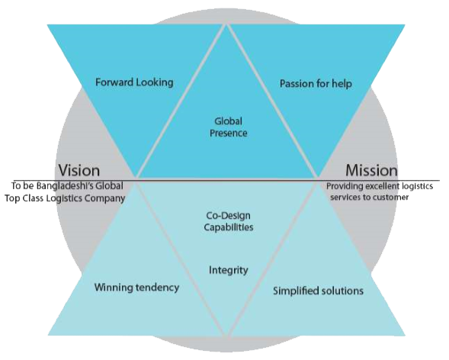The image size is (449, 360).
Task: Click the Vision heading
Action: click(79, 170)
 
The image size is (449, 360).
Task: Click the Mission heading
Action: click(372, 170)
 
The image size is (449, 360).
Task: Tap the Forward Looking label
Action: click(134, 82)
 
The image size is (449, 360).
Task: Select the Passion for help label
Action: click(316, 84)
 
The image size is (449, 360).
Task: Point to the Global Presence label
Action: click(229, 127)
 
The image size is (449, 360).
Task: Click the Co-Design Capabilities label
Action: click(229, 221)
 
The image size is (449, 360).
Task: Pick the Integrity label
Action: click(229, 270)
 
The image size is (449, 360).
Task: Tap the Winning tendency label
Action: click(137, 288)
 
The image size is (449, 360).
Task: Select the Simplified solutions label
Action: click(318, 291)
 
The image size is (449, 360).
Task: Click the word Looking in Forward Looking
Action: click(155, 82)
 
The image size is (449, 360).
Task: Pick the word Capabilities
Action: click(229, 227)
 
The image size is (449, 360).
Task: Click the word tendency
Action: click(158, 288)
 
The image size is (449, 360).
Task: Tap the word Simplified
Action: click(296, 291)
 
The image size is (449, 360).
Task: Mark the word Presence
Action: click(229, 133)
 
